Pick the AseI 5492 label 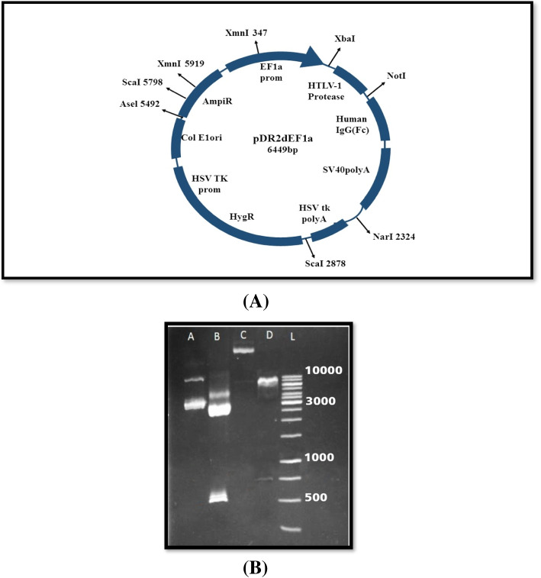tap(140, 104)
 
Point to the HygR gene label tap(241, 217)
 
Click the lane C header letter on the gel tap(244, 334)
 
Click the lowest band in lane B tap(219, 499)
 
